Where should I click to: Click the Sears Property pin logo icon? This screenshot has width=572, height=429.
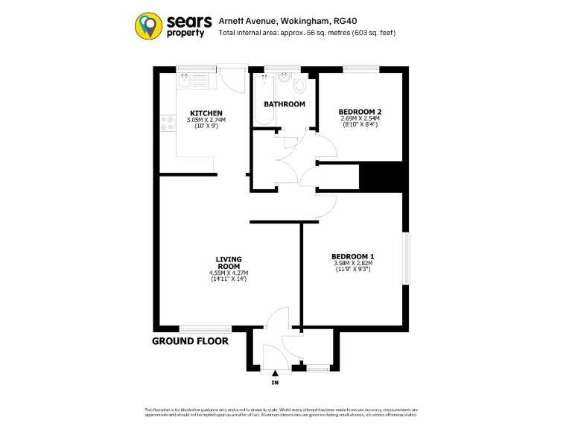[x=149, y=25]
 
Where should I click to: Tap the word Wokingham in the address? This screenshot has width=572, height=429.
[x=299, y=22]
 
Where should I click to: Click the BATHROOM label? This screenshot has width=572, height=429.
[x=284, y=104]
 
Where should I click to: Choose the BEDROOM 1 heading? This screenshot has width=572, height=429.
[x=352, y=257]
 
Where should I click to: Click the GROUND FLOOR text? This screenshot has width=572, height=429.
[x=190, y=341]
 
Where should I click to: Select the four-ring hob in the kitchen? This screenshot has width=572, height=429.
[x=167, y=123]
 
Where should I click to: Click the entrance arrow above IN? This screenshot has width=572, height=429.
[x=275, y=373]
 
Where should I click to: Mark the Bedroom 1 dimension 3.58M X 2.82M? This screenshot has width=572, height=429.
[x=352, y=263]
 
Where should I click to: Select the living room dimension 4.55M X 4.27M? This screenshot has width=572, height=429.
[x=229, y=273]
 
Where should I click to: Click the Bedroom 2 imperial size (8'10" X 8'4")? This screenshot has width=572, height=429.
[x=359, y=124]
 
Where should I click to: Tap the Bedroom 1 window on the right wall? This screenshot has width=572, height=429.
[x=407, y=258]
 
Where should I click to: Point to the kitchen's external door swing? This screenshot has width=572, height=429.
[x=235, y=79]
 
